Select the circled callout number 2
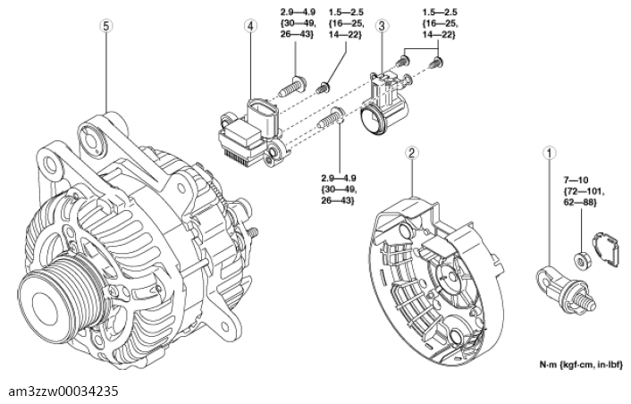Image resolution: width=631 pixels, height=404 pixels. [410, 153]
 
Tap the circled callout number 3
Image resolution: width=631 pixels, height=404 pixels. [382, 26]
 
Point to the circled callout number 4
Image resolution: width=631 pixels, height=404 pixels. [251, 26]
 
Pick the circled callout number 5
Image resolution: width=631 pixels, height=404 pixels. [106, 26]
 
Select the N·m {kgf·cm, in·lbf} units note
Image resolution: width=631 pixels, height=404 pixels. [581, 366]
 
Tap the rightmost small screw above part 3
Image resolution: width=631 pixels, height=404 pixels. [438, 63]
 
